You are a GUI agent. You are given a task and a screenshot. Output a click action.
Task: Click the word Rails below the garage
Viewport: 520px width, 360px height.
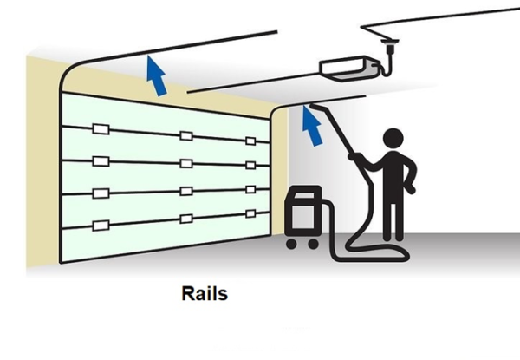205,293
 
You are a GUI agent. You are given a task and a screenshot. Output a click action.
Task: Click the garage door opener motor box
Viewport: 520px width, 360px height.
346,66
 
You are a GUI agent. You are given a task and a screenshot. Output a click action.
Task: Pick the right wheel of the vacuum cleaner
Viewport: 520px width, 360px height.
312,244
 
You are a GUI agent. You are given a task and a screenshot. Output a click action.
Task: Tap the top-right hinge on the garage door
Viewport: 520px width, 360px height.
250,141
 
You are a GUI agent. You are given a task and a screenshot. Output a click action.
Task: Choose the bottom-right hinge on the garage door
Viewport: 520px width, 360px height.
250,213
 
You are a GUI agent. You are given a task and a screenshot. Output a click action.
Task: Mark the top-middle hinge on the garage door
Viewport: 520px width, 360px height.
185,136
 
